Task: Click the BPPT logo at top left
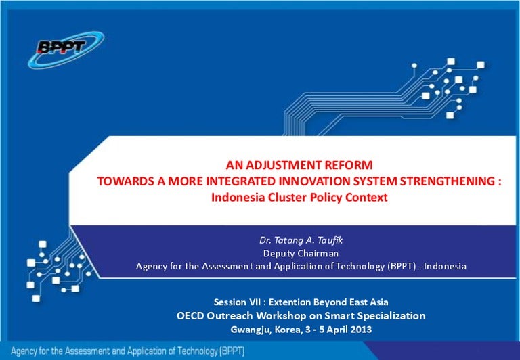pos(66,48)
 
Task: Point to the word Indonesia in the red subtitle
pos(237,198)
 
